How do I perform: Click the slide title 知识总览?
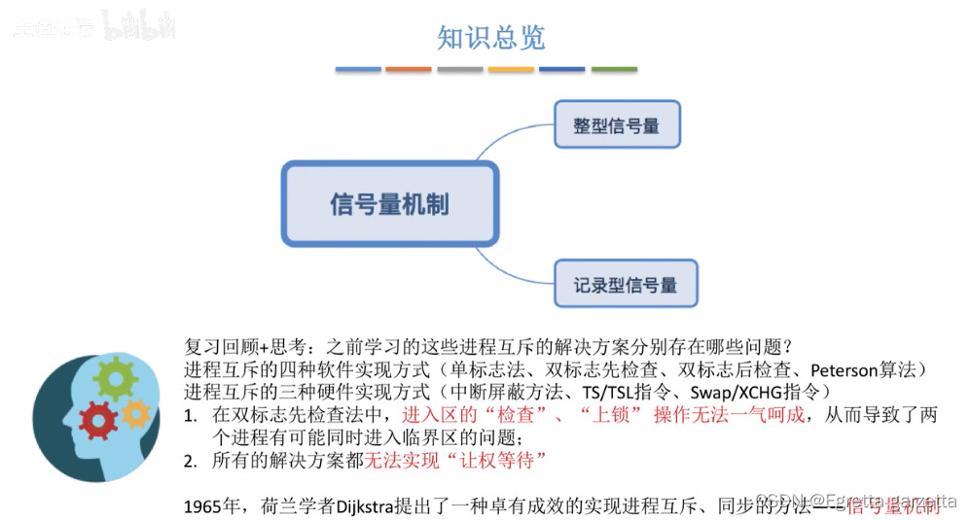point(490,38)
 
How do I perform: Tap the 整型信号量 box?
point(617,124)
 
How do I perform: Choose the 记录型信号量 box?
point(625,286)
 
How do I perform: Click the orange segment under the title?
point(409,70)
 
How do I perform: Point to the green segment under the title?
point(614,70)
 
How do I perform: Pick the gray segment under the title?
point(460,70)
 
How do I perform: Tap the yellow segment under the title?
point(511,70)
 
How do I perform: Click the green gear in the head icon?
point(115,375)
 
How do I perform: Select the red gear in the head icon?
point(97,421)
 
